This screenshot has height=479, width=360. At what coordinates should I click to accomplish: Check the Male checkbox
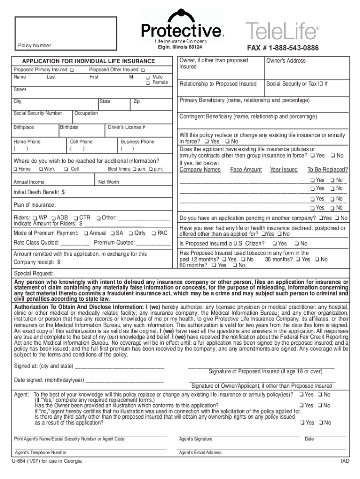pos(147,77)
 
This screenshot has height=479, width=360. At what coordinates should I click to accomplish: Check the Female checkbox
pos(147,83)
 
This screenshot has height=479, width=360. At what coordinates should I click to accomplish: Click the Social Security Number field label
pos(38,113)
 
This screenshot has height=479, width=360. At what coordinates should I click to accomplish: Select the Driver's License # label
pos(126,127)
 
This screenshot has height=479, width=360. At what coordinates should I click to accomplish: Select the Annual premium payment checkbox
pos(86,233)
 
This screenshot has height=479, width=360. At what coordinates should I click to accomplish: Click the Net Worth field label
pos(108,182)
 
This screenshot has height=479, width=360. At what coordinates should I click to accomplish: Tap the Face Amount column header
pos(246,169)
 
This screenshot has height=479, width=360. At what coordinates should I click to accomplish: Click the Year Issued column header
pos(283,169)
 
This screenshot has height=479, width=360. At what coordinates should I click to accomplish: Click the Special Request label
pos(34,273)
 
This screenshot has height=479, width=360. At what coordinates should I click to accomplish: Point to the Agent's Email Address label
pos(200,452)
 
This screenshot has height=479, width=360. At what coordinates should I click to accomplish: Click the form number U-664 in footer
pos(47,461)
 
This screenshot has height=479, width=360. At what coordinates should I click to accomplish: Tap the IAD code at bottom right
pos(345,461)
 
